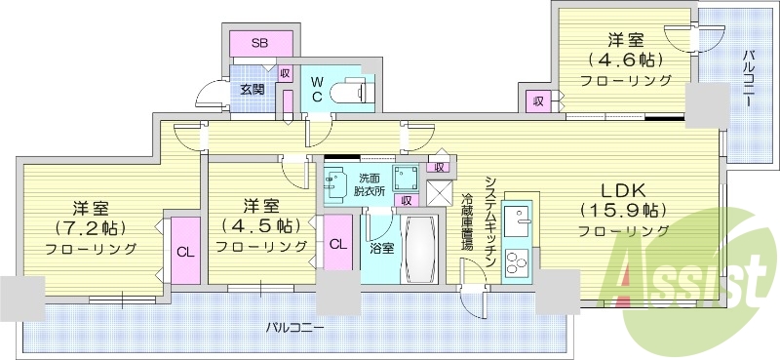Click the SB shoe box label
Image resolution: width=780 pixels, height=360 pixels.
[x=260, y=43]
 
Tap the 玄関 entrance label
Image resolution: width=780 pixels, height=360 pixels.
[x=251, y=89]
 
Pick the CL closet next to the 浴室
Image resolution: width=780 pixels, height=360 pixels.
[x=337, y=244]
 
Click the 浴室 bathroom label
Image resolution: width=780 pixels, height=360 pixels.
[x=382, y=248]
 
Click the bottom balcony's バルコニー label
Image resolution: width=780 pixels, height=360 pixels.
[x=294, y=327]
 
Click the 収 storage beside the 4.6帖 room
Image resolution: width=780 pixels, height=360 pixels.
[x=537, y=100]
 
